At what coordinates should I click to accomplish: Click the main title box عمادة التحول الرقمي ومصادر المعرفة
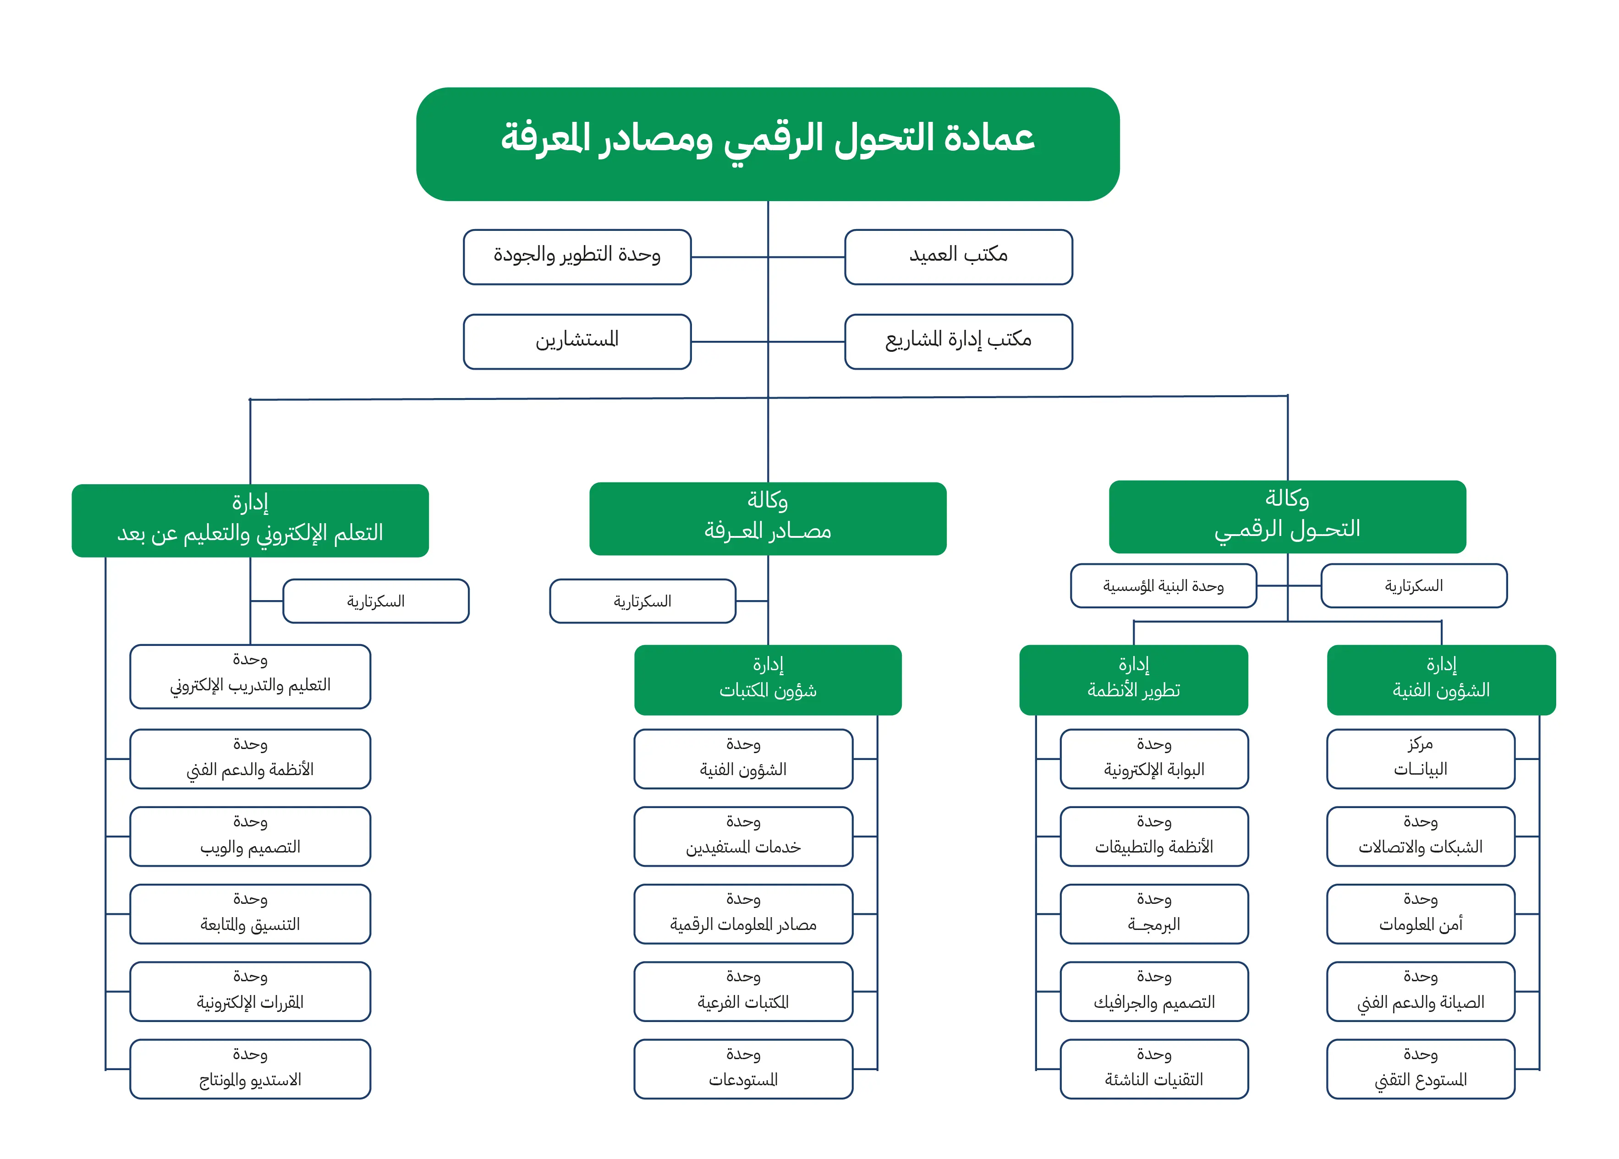tap(768, 143)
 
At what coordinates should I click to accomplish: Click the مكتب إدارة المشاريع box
tap(958, 341)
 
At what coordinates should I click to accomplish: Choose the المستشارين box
tap(577, 341)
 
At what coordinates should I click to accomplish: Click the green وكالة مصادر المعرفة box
tap(768, 518)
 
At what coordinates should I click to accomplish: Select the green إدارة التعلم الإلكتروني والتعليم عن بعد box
tap(250, 520)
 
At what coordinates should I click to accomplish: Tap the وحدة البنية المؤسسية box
tap(1163, 586)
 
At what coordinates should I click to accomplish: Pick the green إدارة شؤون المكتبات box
tap(768, 679)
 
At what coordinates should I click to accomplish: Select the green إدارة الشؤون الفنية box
tap(1441, 679)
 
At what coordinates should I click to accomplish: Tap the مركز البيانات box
tap(1420, 759)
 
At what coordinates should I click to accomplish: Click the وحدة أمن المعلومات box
tap(1420, 913)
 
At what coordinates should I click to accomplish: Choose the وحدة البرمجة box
tap(1153, 913)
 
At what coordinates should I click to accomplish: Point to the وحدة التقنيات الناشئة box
tap(1153, 1068)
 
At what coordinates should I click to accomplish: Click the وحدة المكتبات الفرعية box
tap(743, 991)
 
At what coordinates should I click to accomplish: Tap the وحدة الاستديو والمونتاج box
tap(250, 1068)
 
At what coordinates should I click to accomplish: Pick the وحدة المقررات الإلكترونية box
tap(250, 991)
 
